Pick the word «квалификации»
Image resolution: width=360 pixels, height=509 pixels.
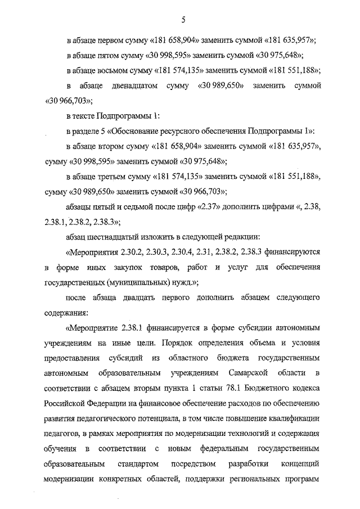pos(291,418)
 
